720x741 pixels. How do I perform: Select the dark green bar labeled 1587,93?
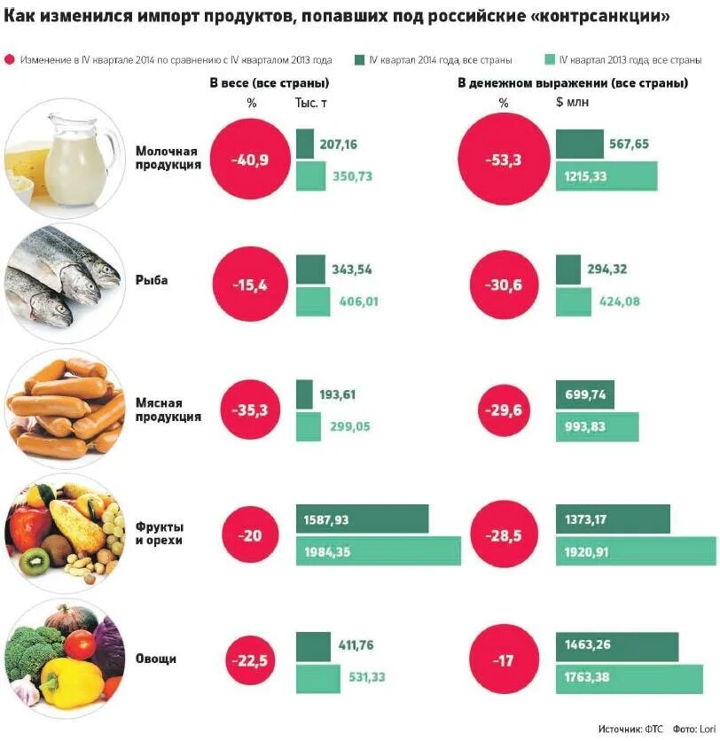pos(362,519)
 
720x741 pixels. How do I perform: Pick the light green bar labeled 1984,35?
pos(378,551)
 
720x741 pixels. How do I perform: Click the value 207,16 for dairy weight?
pos(339,144)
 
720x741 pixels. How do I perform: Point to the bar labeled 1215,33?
pos(607,176)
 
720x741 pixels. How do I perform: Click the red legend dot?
pos(10,60)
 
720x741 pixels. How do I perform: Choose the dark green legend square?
pos(359,60)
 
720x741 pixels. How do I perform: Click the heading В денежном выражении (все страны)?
pos(572,82)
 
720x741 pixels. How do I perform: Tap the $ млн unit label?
pos(572,103)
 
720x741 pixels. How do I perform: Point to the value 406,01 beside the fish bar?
pos(358,301)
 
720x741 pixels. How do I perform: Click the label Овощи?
pos(155,659)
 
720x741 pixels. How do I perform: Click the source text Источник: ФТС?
pos(630,729)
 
